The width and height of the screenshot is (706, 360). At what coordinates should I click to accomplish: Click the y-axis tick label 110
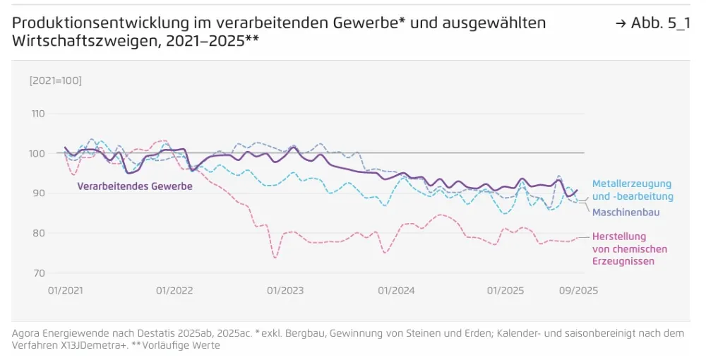(38, 114)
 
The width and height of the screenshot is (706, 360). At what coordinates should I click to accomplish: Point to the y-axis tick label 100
(38, 153)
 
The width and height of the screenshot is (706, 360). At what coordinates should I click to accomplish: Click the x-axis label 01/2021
(66, 291)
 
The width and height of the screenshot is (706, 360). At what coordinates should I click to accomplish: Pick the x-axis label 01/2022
(174, 291)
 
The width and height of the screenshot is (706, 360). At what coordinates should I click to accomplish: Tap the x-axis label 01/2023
(285, 291)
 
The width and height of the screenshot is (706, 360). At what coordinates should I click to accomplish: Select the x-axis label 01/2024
(395, 291)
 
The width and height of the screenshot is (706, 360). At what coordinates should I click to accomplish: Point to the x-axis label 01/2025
(505, 291)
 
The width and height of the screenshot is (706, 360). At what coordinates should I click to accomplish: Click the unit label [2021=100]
(55, 80)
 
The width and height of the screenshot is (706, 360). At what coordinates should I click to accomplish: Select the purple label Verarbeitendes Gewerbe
(134, 186)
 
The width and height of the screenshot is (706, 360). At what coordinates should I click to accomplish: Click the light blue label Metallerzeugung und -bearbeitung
(633, 190)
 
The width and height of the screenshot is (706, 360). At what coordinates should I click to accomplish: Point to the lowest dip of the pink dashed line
(275, 258)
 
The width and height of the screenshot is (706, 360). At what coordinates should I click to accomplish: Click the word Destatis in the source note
(135, 333)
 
